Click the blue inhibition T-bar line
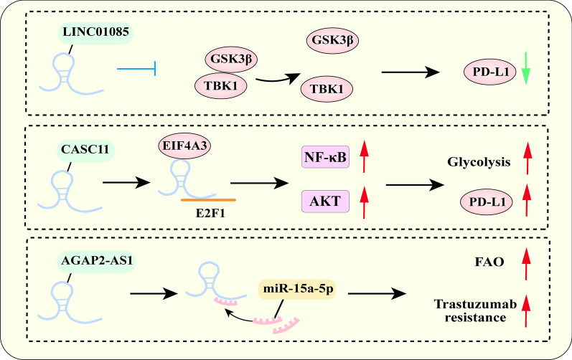tap(136, 69)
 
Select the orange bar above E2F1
tap(208, 199)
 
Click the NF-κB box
tap(325, 154)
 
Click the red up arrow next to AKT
tap(365, 202)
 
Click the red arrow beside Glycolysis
tap(529, 157)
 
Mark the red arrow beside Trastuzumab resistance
tap(529, 310)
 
